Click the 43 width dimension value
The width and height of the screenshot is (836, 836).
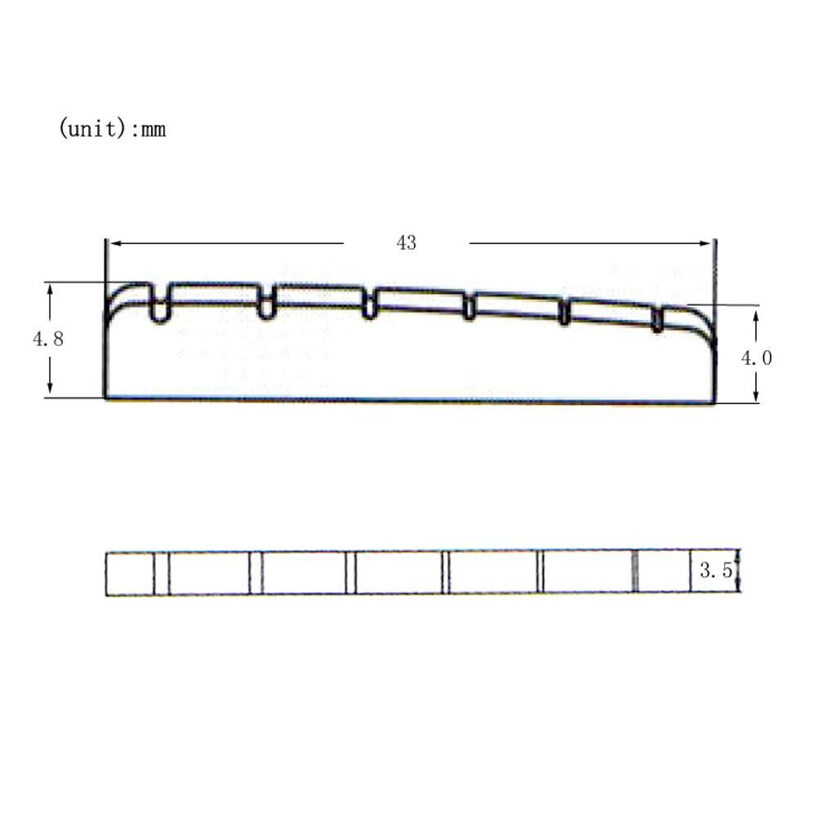click(407, 243)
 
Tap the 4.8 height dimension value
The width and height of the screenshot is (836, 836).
click(48, 339)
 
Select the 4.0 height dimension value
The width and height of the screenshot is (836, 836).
click(757, 358)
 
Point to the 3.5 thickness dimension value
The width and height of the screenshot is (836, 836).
click(716, 571)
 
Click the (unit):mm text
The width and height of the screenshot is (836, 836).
click(112, 128)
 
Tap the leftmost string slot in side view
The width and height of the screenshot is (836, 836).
click(159, 303)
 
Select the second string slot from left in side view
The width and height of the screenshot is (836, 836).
click(266, 302)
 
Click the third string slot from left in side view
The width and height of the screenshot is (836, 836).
click(369, 304)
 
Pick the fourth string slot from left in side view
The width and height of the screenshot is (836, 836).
click(469, 307)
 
